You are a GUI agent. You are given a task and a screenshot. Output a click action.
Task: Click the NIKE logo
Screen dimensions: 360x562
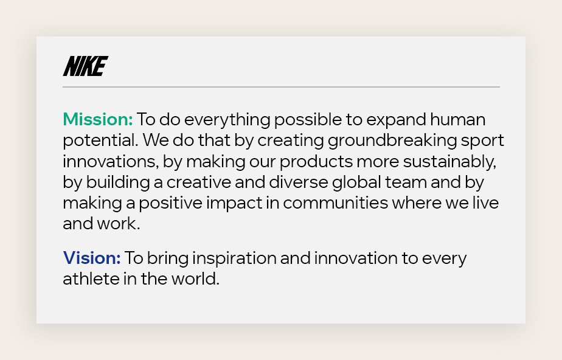coord(85,66)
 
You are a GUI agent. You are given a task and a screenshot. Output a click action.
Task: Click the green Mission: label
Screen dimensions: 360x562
coord(97,119)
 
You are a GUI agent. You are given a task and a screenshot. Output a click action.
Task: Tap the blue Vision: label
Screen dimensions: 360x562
coord(92,258)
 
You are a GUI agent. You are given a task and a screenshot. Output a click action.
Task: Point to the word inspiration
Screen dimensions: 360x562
coord(234,258)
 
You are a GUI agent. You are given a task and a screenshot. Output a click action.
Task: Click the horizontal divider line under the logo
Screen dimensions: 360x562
coord(281,87)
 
